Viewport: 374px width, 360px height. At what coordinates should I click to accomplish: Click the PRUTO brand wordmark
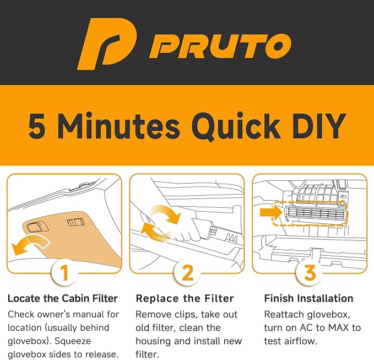[x=220, y=46]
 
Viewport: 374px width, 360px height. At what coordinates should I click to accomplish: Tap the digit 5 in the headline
[x=37, y=126]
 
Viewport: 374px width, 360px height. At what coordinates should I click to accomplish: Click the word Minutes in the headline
[x=118, y=125]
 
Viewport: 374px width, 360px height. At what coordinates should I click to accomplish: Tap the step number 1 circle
[x=64, y=272]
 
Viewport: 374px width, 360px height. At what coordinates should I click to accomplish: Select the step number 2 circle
[x=187, y=272]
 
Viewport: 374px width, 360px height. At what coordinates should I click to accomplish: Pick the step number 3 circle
[x=310, y=272]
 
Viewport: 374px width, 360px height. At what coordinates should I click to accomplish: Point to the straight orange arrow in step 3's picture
[x=270, y=212]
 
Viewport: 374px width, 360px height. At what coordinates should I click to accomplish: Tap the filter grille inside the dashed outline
[x=316, y=213]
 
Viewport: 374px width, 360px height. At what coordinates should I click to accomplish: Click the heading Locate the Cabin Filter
[x=63, y=298]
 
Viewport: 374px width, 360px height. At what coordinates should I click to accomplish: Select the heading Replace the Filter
[x=185, y=298]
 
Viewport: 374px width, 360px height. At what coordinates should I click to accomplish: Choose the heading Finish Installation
[x=308, y=298]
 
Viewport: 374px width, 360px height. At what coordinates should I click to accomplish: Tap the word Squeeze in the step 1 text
[x=73, y=341]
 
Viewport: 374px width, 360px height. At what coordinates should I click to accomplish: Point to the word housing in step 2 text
[x=153, y=341]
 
